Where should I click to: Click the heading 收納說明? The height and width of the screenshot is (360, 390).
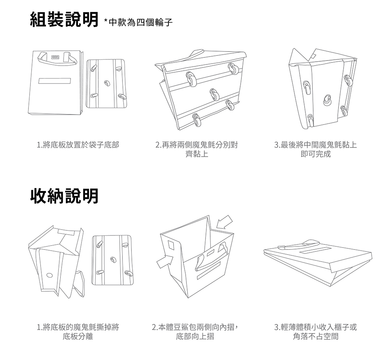[64, 196]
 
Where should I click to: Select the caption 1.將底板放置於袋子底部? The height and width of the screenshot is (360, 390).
[78, 145]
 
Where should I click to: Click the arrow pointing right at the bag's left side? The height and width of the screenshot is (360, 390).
[165, 260]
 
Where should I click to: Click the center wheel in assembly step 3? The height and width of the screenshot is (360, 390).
[326, 99]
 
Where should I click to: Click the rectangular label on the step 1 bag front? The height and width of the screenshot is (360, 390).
[54, 81]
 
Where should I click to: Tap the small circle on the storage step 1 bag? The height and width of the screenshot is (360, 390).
[49, 274]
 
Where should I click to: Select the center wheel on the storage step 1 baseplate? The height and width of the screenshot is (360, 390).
[113, 259]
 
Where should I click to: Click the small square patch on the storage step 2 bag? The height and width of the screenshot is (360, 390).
[171, 244]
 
